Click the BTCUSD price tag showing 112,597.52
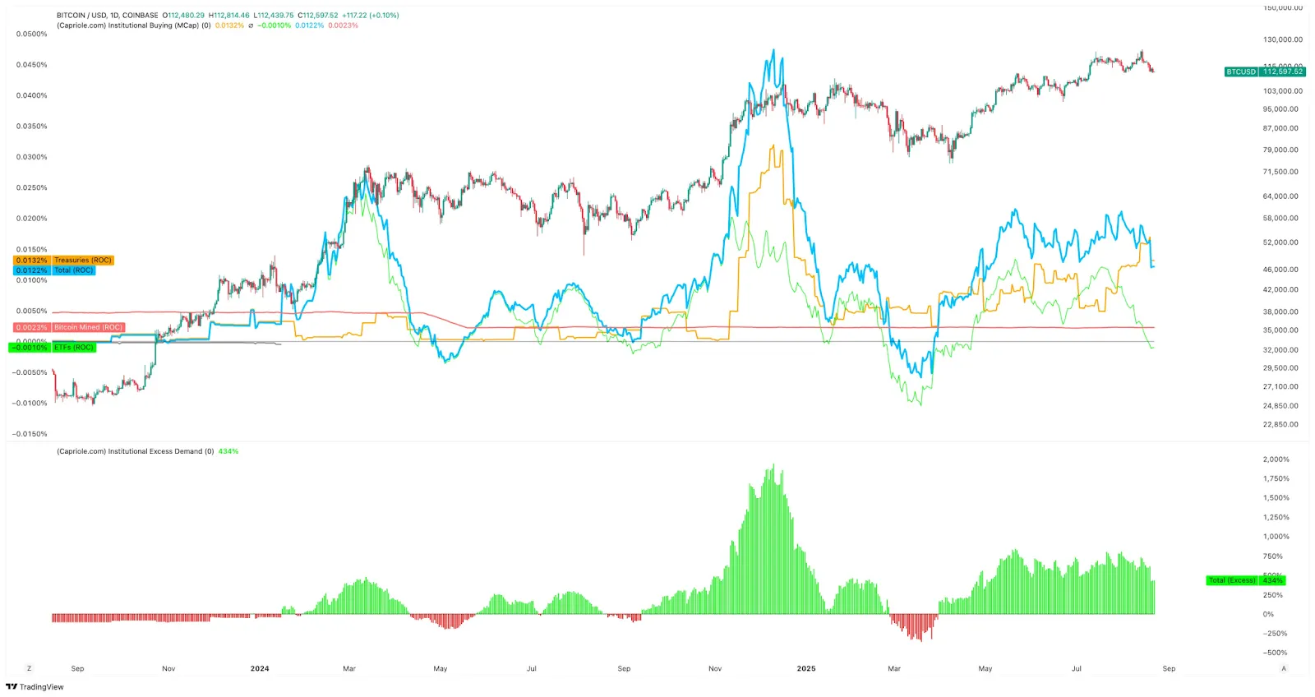(x=1264, y=72)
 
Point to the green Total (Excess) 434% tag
(x=1245, y=580)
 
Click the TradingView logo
(x=35, y=687)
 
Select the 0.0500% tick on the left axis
(x=32, y=35)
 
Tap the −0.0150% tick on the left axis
(x=30, y=434)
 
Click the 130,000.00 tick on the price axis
(x=1282, y=39)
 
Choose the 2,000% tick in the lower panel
(x=1276, y=459)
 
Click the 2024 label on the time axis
(x=260, y=669)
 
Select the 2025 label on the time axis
(x=806, y=669)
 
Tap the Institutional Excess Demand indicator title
(x=135, y=451)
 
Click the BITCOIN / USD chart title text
(x=107, y=16)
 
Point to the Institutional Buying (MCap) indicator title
(x=133, y=25)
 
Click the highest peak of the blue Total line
(x=773, y=50)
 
